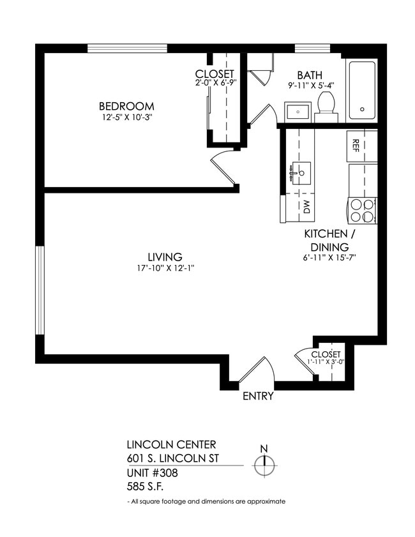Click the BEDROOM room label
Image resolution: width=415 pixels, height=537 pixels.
click(x=126, y=106)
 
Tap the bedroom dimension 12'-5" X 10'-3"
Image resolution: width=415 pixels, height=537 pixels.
click(x=126, y=117)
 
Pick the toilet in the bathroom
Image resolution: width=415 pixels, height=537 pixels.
click(x=326, y=107)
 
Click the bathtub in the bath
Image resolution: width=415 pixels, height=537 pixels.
click(x=361, y=90)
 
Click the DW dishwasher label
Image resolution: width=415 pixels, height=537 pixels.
click(x=306, y=206)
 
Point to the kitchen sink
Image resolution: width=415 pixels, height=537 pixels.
click(x=299, y=172)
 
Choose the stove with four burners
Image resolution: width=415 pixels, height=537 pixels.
click(x=362, y=211)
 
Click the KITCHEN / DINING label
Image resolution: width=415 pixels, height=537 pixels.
click(x=329, y=240)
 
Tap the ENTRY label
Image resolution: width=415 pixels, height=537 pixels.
click(x=258, y=396)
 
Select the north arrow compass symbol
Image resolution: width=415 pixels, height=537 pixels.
click(x=264, y=464)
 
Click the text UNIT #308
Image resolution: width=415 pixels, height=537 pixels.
click(x=153, y=473)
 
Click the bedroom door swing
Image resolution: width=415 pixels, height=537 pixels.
click(x=222, y=167)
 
